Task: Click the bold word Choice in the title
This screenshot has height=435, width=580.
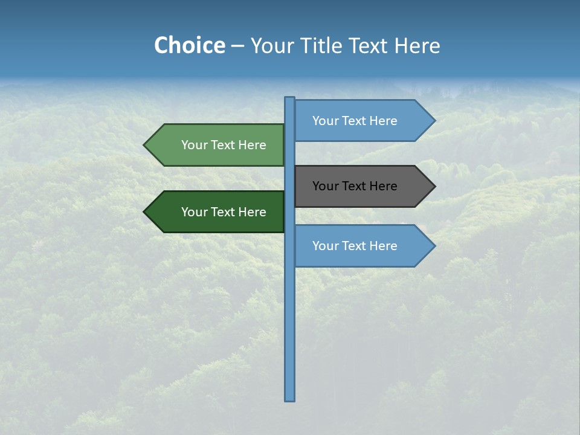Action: point(189,46)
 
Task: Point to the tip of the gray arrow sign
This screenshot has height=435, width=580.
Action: point(434,186)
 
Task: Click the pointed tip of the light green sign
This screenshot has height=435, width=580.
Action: point(145,145)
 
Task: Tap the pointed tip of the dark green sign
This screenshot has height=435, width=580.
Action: point(145,212)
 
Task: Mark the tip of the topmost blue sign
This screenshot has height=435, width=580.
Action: point(434,121)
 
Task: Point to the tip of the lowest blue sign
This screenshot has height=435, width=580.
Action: point(434,246)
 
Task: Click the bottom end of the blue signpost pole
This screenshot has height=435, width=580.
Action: point(290,399)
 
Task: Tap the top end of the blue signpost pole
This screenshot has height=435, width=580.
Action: point(290,99)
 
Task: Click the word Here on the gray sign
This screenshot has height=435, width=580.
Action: point(383,186)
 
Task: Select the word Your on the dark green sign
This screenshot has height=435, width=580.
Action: point(193,212)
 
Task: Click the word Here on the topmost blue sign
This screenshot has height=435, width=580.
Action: point(383,121)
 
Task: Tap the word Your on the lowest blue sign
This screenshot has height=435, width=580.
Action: point(324,246)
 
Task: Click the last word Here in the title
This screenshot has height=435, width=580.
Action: point(417,46)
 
